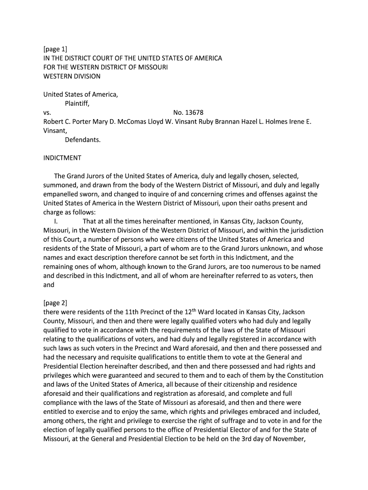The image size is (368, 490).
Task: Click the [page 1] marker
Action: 55,49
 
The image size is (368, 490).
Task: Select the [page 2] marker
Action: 55,303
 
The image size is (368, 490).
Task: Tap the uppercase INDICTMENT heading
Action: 62,158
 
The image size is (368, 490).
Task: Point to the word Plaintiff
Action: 77,103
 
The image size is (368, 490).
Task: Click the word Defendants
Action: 83,140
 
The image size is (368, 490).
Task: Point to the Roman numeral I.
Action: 56,221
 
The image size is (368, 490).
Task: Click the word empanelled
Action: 63,194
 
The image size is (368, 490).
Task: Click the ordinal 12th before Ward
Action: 196,312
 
